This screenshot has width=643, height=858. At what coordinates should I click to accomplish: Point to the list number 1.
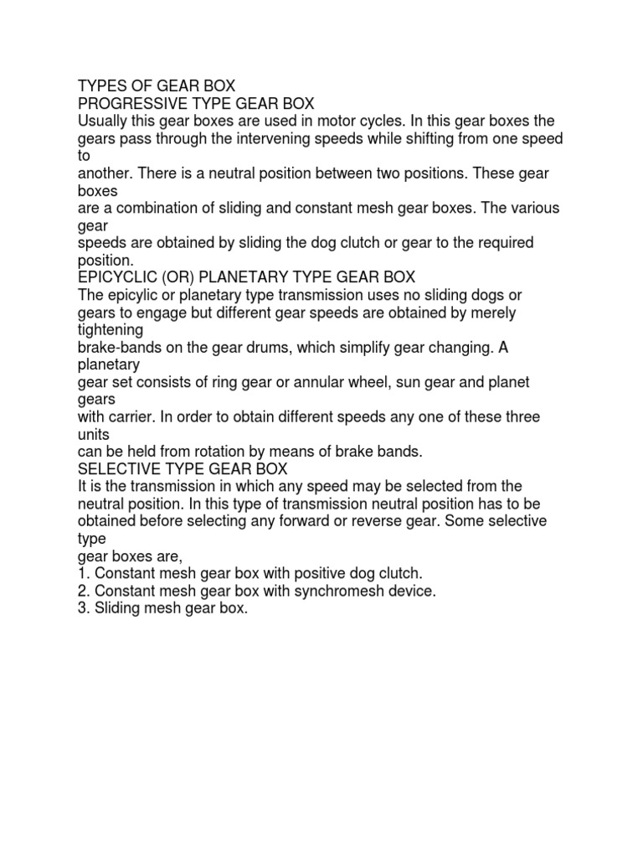tap(83, 574)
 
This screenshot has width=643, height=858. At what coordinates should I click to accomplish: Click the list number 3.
tap(83, 609)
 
